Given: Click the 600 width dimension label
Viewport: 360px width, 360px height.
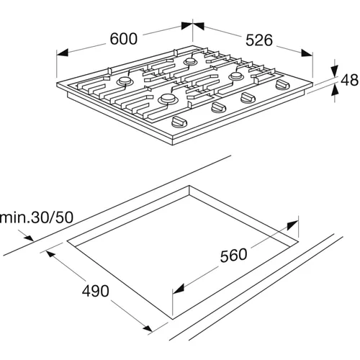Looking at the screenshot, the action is pos(124,39).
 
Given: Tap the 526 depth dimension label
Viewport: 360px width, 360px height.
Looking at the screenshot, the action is pos(259,40).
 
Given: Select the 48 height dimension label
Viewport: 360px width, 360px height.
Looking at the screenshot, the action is pos(349,80).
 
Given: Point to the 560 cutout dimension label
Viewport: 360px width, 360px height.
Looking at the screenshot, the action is pos(233,255).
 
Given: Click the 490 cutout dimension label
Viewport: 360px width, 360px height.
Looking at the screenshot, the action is pos(96,291).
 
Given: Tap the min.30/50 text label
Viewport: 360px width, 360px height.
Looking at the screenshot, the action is pos(37,217).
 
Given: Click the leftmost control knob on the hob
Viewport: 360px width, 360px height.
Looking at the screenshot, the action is pos(179,121).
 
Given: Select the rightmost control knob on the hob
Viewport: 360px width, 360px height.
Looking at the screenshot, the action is pos(283,85).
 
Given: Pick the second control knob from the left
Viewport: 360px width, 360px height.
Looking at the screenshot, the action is pos(218,107).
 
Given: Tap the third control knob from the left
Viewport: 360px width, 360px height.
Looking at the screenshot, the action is pos(248,97).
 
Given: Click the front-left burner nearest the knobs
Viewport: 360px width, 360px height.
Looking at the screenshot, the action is pos(168,99).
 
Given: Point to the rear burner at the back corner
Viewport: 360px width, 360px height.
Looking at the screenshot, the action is pos(190,61).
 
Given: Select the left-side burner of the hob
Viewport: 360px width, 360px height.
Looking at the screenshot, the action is pos(125,81).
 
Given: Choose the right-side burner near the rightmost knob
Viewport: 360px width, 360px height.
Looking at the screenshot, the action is pos(236,76).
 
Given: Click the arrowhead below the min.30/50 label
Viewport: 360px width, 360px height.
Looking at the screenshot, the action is pos(29,238).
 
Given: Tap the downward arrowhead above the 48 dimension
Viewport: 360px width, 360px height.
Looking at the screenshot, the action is pos(335,70).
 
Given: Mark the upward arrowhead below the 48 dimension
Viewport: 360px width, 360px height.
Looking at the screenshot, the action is pos(335,90).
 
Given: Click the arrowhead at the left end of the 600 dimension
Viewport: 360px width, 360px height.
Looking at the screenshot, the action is pos(62,53).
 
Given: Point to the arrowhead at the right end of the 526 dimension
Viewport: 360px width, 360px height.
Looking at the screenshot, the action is pos(307,53).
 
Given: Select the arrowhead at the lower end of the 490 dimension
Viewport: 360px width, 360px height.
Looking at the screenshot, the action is pos(147,328).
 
